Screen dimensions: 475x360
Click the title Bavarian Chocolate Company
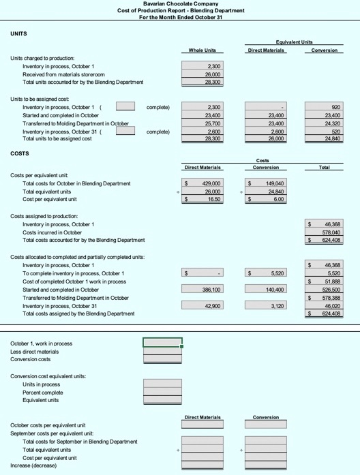181,3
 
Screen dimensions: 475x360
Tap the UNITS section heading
18,33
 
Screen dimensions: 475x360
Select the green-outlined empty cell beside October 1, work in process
162,343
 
